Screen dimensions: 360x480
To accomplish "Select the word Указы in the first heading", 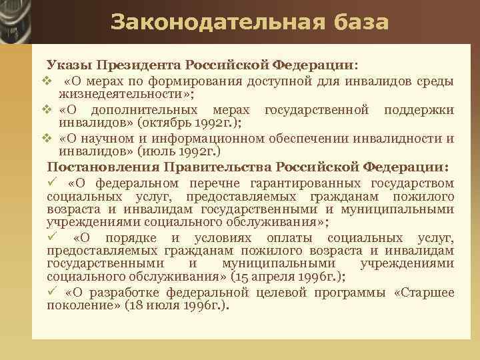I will point(69,65).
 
